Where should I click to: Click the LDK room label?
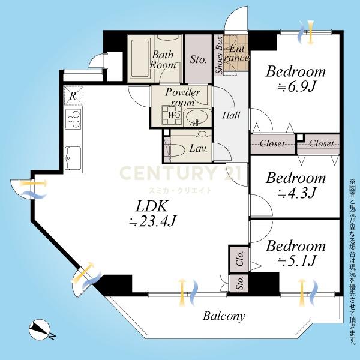point(151,206)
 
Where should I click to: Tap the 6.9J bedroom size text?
point(296,87)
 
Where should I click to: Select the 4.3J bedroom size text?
point(296,193)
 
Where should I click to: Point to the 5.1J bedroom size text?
point(297,261)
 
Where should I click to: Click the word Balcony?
point(224,316)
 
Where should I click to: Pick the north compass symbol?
point(40,330)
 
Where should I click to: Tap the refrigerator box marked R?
point(73,95)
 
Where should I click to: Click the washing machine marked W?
point(171,115)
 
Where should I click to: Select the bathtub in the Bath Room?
point(140,58)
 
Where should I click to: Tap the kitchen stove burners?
point(73,118)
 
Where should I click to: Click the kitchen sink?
point(73,158)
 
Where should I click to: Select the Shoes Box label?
point(219,55)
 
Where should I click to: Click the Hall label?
point(231,115)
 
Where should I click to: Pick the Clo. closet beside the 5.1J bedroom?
point(239,259)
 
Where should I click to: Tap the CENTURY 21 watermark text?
point(180,173)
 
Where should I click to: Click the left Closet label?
point(272,144)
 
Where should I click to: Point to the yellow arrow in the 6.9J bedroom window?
point(310,32)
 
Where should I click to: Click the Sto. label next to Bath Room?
point(198,59)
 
